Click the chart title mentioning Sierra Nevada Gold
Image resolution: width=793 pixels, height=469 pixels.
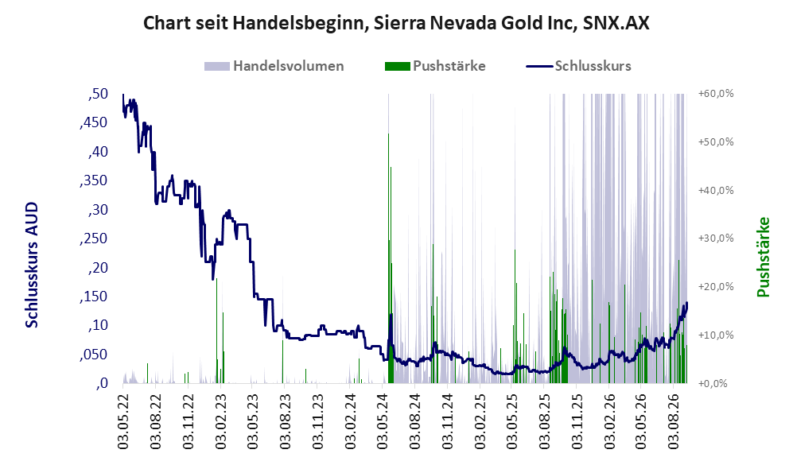tap(396, 23)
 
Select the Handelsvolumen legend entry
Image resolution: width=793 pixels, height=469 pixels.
tap(274, 66)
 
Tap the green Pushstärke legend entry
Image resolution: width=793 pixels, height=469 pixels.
tap(435, 66)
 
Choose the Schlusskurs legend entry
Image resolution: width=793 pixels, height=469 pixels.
tap(578, 66)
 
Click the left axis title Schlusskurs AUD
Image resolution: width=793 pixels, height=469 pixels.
tap(32, 265)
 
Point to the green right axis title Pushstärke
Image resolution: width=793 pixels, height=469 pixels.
tap(763, 258)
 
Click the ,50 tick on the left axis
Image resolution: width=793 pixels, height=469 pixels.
tap(98, 94)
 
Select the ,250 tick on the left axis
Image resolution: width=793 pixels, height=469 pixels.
tap(94, 238)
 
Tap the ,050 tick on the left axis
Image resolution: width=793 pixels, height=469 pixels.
tap(94, 355)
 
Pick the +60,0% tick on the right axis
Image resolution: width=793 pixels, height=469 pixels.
tap(716, 94)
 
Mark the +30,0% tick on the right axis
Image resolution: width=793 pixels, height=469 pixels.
tap(716, 238)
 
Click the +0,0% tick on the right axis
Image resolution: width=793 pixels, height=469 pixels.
tap(713, 383)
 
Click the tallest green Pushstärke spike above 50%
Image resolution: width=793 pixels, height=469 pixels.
tap(388, 258)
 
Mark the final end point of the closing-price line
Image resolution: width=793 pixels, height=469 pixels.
tap(686, 303)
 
